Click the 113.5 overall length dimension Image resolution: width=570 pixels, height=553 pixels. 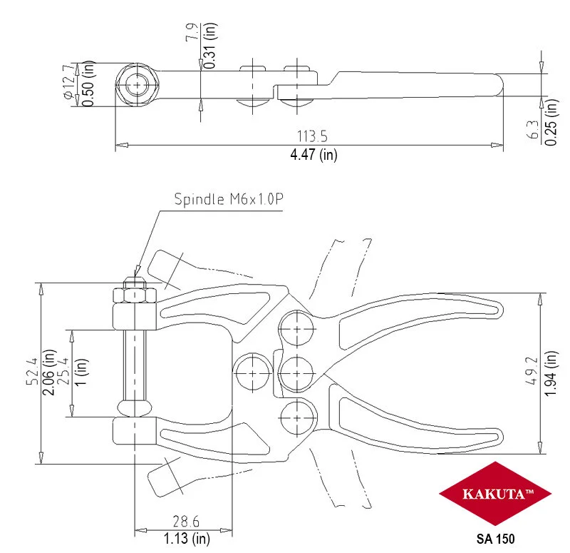coord(312,136)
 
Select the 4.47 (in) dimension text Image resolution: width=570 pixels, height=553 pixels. coord(313,155)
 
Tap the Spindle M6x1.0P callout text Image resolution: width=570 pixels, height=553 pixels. coord(229,199)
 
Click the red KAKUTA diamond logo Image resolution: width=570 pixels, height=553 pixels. coord(495,494)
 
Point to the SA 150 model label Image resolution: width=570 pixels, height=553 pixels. coord(495,539)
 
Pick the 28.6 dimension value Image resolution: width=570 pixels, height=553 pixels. coord(186,522)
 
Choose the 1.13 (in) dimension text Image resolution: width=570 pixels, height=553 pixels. coord(187,539)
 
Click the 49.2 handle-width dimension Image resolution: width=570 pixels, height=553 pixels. coord(532,371)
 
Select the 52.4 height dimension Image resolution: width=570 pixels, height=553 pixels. coord(32,371)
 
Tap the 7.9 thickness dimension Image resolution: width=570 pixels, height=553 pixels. coord(192,31)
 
